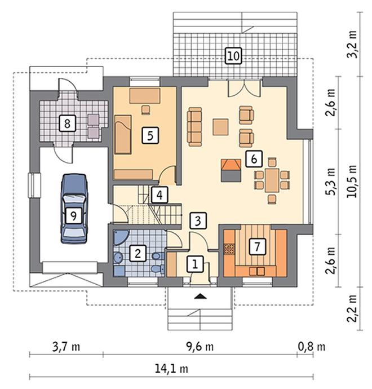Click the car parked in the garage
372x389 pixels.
coord(74,209)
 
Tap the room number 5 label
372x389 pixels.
coord(150,135)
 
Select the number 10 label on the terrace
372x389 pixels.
coord(233,56)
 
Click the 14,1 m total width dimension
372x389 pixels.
coord(171,369)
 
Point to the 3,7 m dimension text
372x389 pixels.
coord(66,347)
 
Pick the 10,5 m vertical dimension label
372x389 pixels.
coord(352,181)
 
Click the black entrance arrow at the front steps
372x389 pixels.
coord(200,296)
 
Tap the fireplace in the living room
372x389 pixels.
coord(231,170)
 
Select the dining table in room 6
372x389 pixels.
coord(272,180)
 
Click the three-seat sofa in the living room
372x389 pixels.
coord(194,126)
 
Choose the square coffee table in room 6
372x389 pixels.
coord(220,127)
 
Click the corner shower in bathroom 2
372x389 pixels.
coord(120,237)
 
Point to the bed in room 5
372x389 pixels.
coord(123,134)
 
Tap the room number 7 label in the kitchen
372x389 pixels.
coord(257,246)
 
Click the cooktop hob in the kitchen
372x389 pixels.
coord(229,249)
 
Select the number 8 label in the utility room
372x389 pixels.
coord(67,123)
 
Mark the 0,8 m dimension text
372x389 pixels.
coord(311,347)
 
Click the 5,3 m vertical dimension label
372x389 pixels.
coord(331,182)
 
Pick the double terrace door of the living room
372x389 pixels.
coord(244,88)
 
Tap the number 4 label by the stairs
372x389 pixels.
coord(160,194)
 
